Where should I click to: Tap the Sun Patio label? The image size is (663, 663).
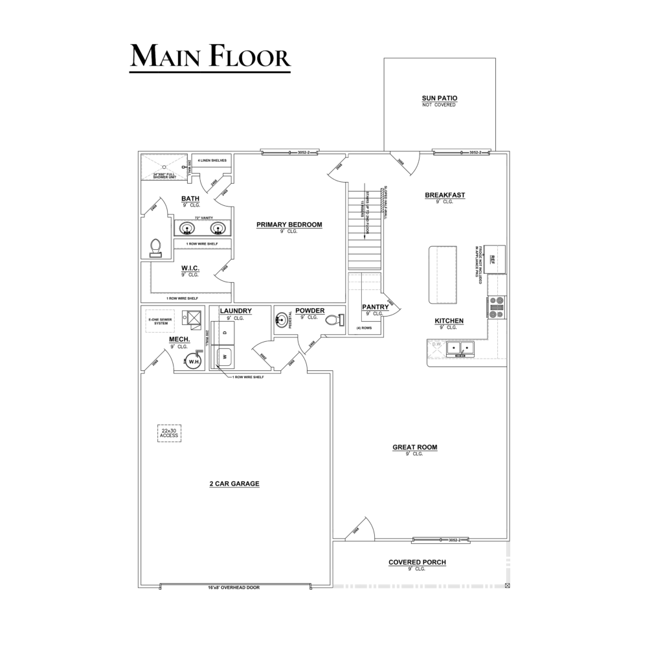point(440,98)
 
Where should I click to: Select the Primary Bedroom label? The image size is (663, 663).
point(289,225)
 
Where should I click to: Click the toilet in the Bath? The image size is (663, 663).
point(155,248)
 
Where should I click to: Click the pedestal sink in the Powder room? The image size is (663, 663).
point(282,319)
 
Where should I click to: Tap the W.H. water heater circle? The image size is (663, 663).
point(193,362)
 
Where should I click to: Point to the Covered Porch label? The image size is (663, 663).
point(417,562)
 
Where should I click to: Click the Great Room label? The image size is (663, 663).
point(415,447)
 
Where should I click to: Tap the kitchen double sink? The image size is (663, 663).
point(460,348)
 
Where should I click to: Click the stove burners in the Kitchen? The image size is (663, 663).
point(497,307)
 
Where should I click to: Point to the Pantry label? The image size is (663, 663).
point(376,307)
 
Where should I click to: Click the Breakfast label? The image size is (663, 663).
point(445,195)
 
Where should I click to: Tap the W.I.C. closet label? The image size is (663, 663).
point(190,267)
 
